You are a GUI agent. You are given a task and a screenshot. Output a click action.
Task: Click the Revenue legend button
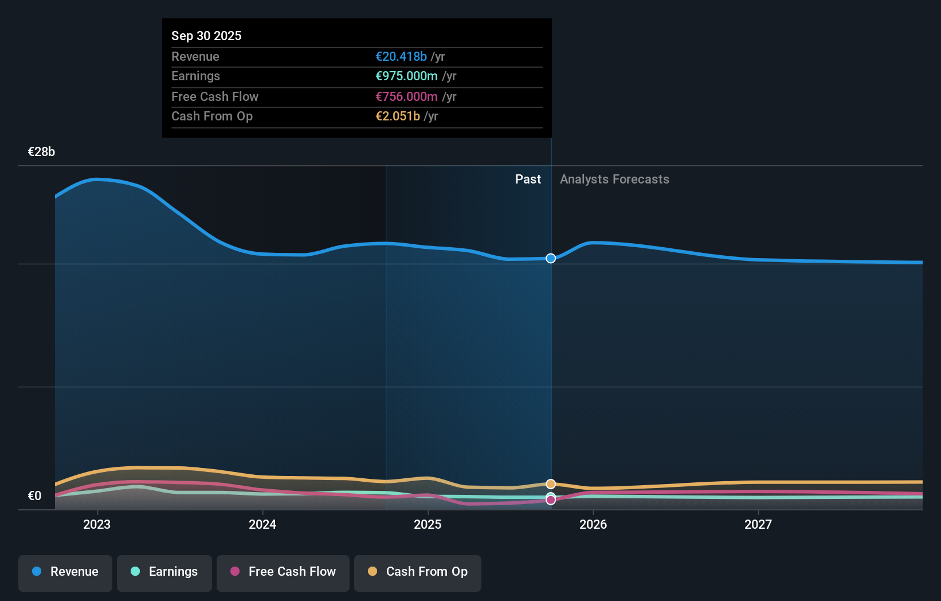point(65,572)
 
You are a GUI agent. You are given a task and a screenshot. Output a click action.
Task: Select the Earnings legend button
point(164,572)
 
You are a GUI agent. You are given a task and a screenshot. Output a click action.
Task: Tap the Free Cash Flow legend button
point(283,572)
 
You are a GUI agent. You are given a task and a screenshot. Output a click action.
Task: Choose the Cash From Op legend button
point(418,572)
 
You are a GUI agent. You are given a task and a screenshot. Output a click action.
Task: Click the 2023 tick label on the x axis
point(97,524)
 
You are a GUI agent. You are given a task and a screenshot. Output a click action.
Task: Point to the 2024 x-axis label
point(262,524)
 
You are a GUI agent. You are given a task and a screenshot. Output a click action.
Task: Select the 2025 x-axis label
point(428,524)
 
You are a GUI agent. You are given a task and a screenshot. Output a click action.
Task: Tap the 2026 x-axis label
point(593,524)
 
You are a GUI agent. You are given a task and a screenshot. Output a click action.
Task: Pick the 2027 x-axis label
point(758,524)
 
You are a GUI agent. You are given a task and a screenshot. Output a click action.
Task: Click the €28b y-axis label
point(41,151)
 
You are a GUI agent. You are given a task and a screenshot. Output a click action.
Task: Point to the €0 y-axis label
point(34,495)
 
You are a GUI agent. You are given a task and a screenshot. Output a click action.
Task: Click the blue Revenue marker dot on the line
point(551,259)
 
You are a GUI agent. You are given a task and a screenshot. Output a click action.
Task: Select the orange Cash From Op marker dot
point(551,484)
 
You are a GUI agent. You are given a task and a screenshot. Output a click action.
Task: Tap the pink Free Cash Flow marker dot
point(551,500)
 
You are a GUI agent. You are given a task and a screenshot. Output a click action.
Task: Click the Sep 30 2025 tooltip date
point(206,36)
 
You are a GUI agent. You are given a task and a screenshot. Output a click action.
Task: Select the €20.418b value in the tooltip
point(401,56)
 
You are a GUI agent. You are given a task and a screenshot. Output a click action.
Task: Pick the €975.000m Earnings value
point(406,76)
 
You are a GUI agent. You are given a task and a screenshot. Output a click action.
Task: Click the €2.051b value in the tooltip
point(398,116)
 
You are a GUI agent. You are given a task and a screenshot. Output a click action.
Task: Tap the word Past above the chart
point(528,179)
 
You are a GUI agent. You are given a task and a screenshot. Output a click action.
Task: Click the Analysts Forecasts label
point(614,179)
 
